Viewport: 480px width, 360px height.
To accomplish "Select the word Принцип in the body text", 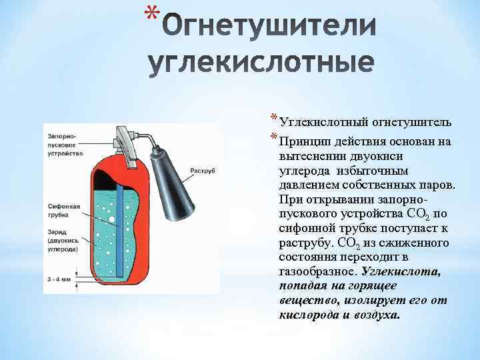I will (x=305, y=141).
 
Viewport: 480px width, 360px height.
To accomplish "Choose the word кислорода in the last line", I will (x=308, y=314).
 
